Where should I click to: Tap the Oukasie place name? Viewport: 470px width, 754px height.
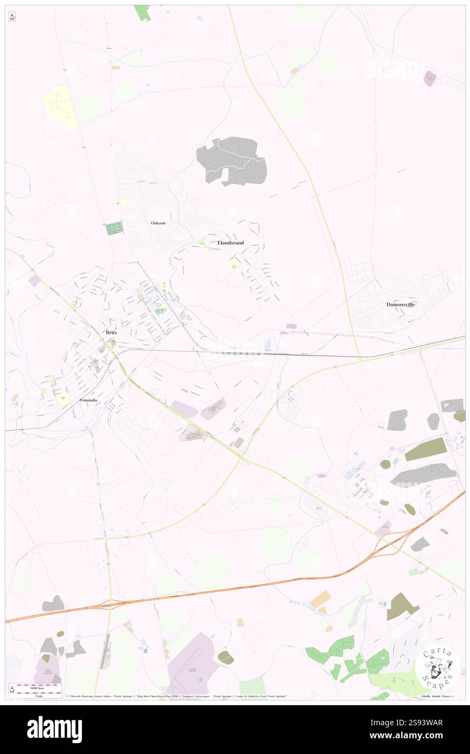(158, 223)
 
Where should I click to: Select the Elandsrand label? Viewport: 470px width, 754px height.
(230, 243)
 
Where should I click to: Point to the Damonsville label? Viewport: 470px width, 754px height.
(401, 304)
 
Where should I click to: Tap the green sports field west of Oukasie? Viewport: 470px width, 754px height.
(115, 229)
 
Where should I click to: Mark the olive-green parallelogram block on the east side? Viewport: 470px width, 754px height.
(425, 450)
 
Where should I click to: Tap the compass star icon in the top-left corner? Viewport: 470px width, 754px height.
(12, 17)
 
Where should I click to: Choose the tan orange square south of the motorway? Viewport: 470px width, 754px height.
(320, 599)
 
